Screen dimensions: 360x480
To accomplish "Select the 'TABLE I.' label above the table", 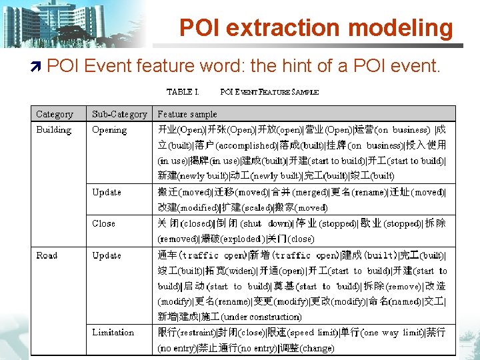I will [x=183, y=92].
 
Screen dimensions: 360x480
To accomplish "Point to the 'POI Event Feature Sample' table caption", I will [x=269, y=92].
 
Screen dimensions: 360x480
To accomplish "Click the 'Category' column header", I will [x=55, y=114].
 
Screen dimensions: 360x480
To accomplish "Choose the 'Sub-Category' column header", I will [x=119, y=114].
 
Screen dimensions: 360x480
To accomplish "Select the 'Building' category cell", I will [x=53, y=130].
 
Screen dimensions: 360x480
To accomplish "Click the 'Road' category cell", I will [x=47, y=255].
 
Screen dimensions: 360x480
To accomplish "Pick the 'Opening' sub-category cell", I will [x=109, y=130].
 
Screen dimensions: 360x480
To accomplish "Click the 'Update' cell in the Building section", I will [x=107, y=192].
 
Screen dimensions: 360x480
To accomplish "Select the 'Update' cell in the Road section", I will [x=107, y=255].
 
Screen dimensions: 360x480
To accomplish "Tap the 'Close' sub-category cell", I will [x=104, y=223].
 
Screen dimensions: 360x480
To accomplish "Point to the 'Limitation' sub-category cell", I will [x=113, y=333].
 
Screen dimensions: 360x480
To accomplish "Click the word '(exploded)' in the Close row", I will [x=241, y=239].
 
